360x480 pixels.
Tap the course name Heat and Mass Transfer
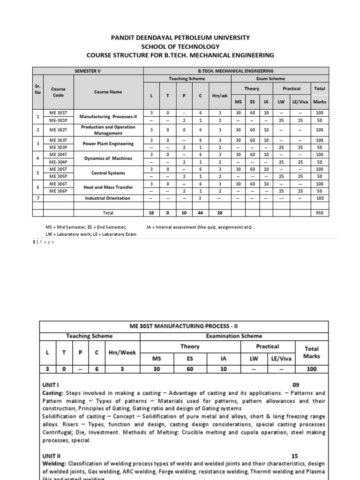point(108,187)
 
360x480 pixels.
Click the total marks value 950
point(320,212)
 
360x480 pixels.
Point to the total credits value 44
point(200,212)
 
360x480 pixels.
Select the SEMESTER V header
point(88,70)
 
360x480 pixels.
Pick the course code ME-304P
point(59,162)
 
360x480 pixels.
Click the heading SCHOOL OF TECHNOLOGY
point(180,46)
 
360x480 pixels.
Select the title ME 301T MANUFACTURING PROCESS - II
point(180,326)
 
